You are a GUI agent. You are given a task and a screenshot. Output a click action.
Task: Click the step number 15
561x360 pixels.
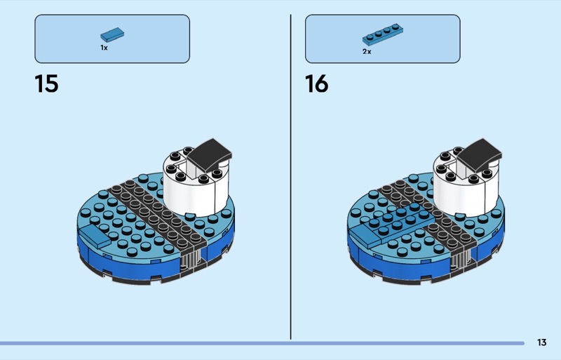click(x=46, y=84)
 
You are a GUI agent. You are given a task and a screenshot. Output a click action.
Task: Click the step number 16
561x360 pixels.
click(x=317, y=84)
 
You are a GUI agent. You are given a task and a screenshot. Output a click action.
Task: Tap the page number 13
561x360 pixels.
click(x=541, y=342)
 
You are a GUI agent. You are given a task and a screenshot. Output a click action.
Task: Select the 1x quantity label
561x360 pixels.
click(x=104, y=48)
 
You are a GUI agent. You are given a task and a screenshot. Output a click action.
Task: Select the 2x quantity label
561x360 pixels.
click(x=367, y=52)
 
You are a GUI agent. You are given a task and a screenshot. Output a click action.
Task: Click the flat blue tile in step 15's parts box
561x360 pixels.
click(x=112, y=35)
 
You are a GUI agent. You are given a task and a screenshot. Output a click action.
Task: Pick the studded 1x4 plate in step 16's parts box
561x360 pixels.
click(x=382, y=34)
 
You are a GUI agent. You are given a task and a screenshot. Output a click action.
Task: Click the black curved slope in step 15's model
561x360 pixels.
click(x=209, y=154)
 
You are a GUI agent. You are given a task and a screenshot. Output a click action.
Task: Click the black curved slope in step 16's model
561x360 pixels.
click(x=480, y=154)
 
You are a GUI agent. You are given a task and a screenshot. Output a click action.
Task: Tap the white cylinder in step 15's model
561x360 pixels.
click(x=196, y=190)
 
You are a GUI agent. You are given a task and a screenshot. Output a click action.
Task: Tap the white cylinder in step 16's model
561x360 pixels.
click(x=466, y=190)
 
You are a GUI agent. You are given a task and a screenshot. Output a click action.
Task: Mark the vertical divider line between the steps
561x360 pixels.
click(x=290, y=177)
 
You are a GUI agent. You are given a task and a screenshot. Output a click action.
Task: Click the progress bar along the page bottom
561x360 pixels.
click(x=262, y=343)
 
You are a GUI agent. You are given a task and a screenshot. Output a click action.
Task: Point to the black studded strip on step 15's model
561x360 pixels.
click(x=157, y=214)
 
